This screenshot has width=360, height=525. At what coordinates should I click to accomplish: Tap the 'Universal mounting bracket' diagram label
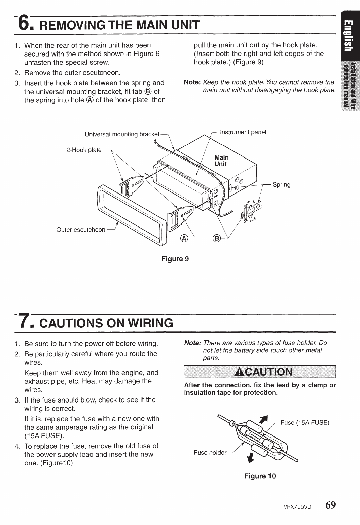[122, 134]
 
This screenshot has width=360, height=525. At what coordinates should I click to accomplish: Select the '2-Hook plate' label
[84, 150]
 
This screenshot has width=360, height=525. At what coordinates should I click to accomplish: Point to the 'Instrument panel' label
[243, 132]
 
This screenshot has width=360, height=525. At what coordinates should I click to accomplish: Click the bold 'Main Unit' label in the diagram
[221, 161]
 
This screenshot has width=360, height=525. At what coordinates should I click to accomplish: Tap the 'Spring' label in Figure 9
[281, 185]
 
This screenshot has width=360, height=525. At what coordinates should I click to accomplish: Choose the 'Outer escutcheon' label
[81, 230]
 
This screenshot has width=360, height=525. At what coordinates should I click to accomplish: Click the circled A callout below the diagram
[184, 238]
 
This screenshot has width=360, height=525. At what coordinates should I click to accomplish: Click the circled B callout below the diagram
[217, 238]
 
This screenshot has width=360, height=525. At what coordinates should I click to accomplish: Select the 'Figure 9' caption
[175, 259]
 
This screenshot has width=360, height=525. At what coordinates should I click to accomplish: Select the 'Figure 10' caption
[260, 476]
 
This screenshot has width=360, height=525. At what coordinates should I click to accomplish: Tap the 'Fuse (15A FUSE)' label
[304, 423]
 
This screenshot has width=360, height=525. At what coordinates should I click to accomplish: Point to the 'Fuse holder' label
[210, 453]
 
